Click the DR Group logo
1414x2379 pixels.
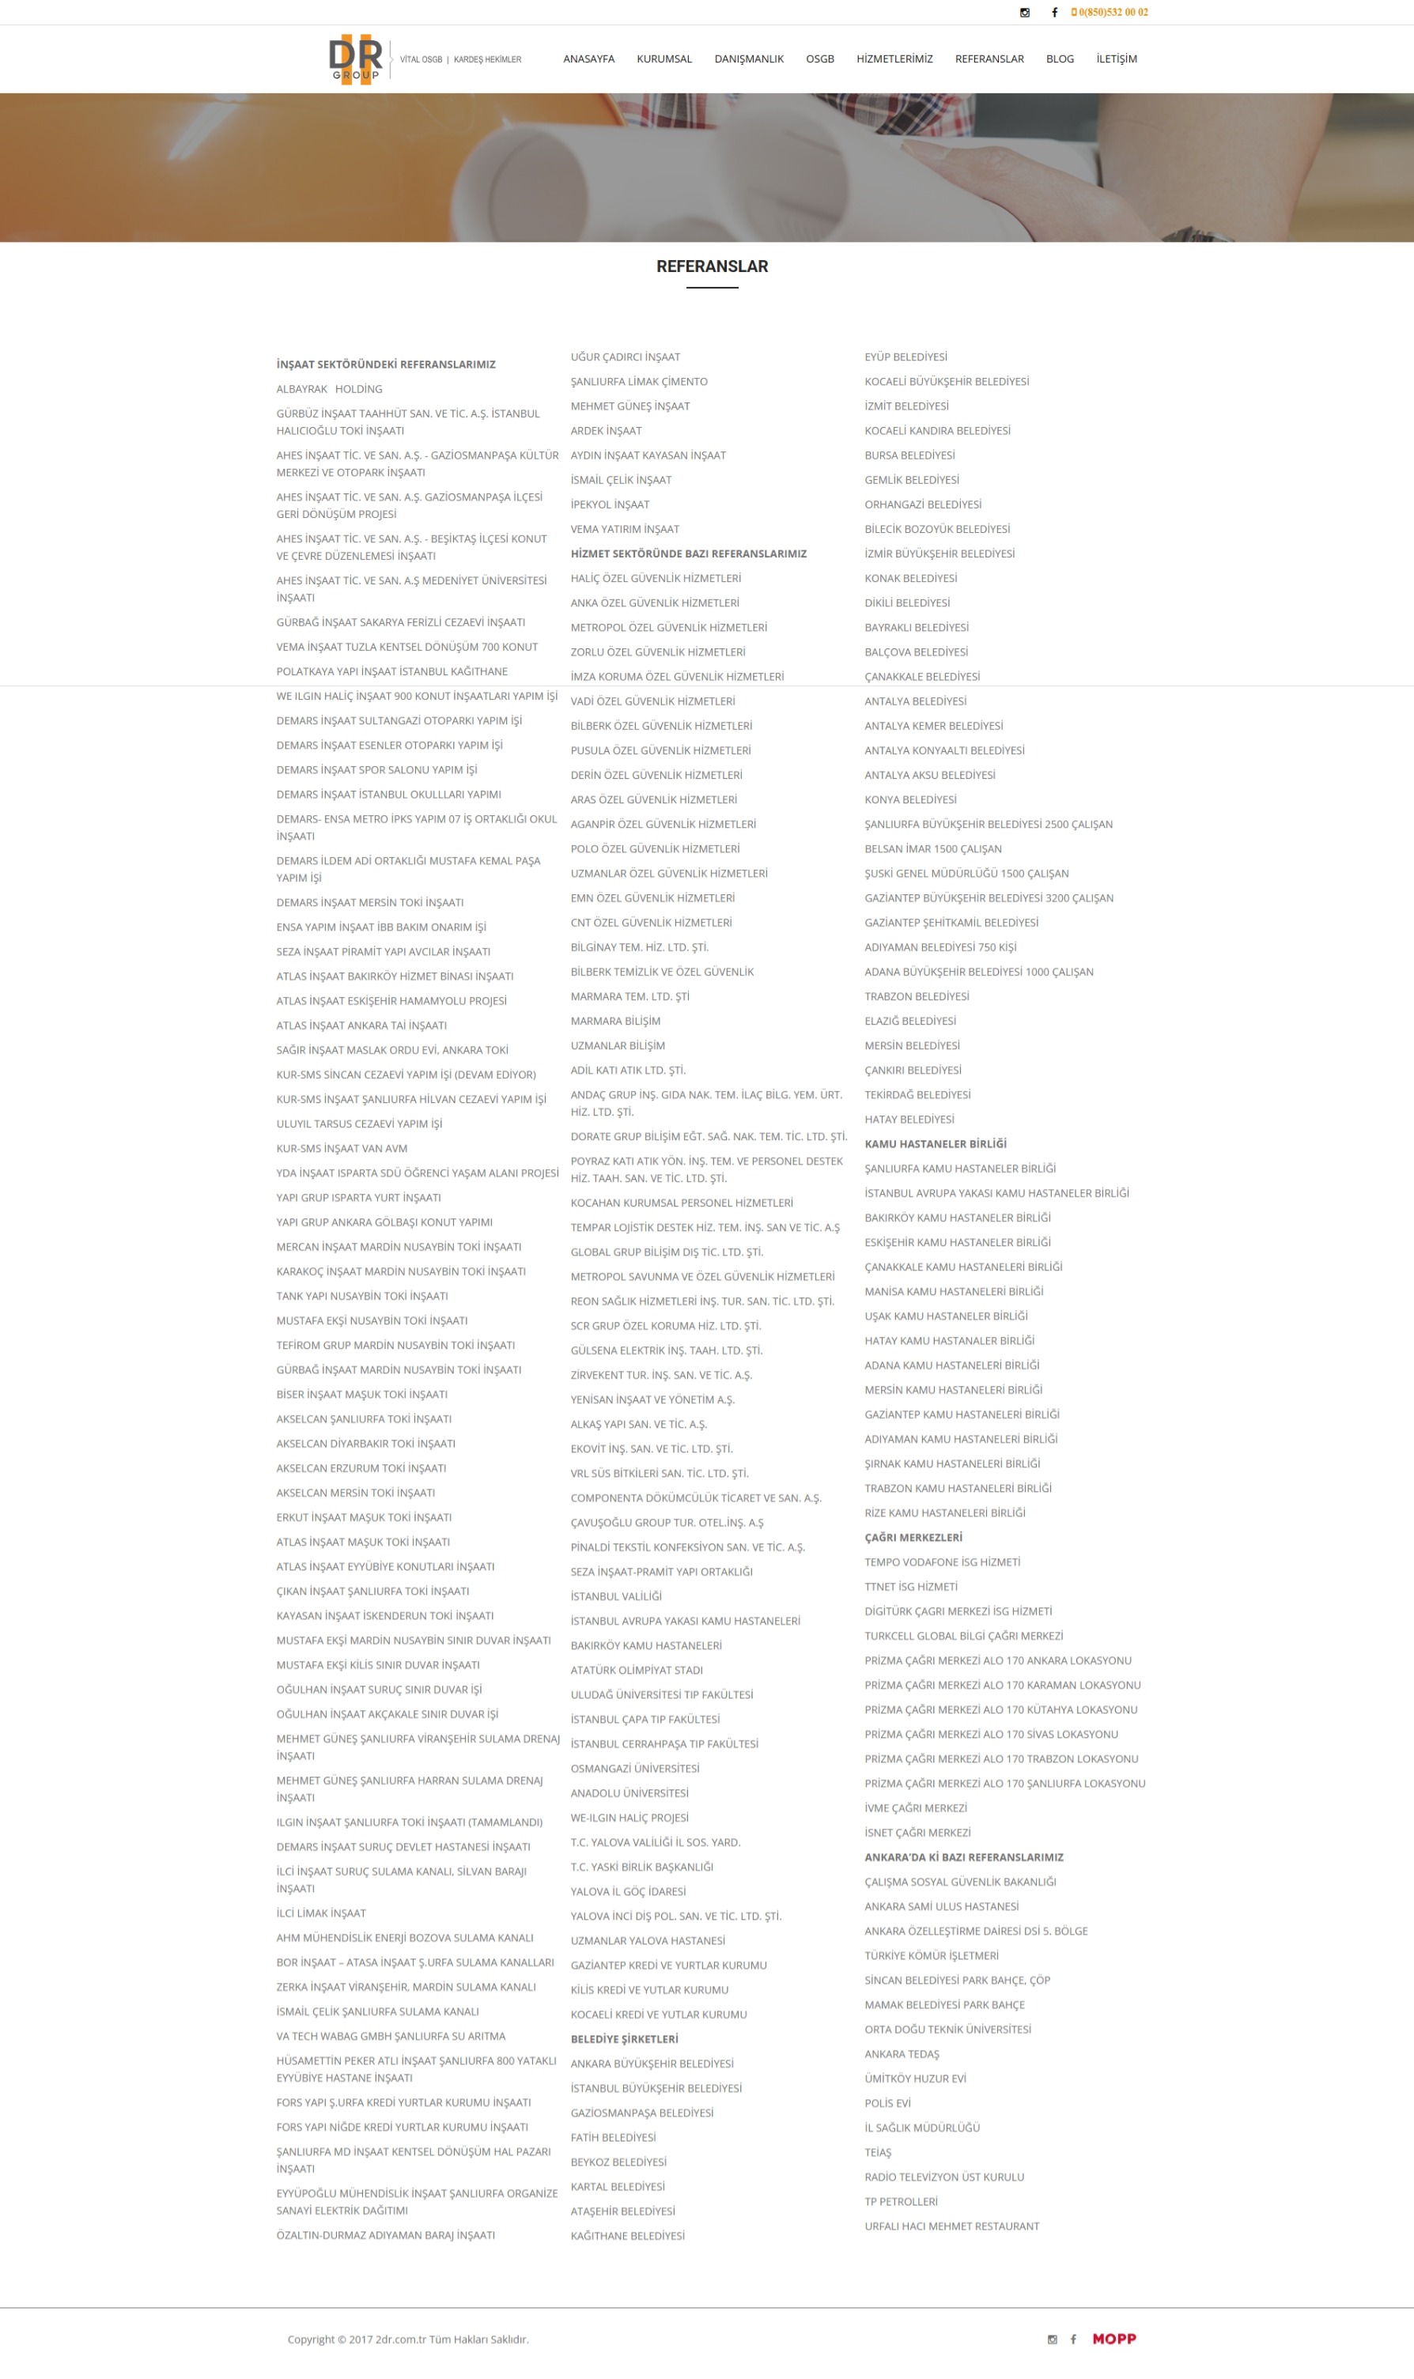pos(355,59)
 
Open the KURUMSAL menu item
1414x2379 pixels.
pos(664,59)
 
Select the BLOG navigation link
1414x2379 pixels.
pos(1060,59)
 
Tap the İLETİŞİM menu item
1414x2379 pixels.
pos(1116,59)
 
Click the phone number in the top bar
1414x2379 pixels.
pos(1112,13)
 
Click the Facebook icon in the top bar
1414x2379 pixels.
pos(1054,13)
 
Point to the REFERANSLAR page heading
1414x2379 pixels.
pos(712,266)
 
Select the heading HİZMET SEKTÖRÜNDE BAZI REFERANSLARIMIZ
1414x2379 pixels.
pos(688,554)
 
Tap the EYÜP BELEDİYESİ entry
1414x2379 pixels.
pos(905,357)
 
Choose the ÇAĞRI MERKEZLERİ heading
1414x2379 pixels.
pos(913,1537)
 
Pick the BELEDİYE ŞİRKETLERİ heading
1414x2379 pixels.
pos(624,2039)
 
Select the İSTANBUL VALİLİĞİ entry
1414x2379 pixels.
pos(615,1596)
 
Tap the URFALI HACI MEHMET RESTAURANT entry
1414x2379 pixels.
pos(951,2226)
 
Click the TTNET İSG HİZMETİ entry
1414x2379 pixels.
pos(911,1587)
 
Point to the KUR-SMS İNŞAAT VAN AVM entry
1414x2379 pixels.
pos(341,1149)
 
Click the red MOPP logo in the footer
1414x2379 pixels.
pos(1113,2338)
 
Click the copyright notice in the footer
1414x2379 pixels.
pos(408,2339)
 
